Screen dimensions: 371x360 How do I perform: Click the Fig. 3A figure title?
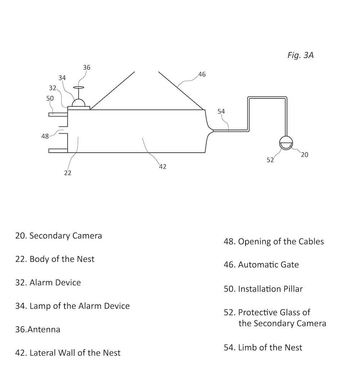pos(300,55)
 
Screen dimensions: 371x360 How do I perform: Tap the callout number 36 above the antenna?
pos(86,67)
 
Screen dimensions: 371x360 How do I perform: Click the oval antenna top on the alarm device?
pos(78,87)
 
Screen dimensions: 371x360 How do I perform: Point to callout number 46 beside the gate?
pos(202,74)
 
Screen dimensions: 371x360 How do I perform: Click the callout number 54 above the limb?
pos(221,111)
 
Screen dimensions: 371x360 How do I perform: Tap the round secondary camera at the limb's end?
pos(287,143)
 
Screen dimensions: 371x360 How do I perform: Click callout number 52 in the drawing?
pos(270,160)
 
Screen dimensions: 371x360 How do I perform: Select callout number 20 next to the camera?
pos(305,155)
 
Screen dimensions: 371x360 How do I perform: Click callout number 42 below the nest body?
pos(162,167)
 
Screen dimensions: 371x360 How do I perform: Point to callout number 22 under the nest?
pos(68,173)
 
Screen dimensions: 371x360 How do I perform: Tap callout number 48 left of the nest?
pos(45,136)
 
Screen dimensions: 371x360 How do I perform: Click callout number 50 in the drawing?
pos(50,98)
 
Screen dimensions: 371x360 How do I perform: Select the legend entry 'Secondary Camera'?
pos(59,236)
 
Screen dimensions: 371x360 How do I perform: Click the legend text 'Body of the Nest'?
pos(55,259)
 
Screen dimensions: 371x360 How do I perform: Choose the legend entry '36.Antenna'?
pos(37,329)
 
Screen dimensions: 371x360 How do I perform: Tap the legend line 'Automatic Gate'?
pos(261,265)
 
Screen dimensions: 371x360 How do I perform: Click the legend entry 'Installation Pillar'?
pos(263,289)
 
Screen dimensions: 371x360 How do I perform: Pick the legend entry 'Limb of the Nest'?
pos(263,347)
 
